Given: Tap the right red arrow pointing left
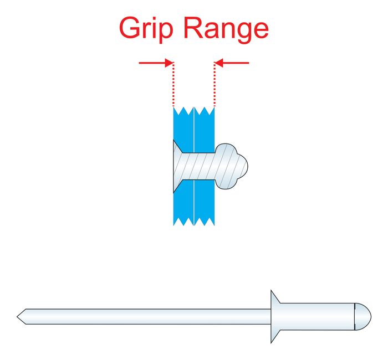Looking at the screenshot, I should (x=232, y=63).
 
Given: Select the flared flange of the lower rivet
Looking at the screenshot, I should (x=275, y=316).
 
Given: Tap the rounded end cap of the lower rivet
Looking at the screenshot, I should (x=361, y=316).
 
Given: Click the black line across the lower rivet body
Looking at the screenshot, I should (x=354, y=316).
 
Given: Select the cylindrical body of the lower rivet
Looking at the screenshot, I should (x=316, y=316).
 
